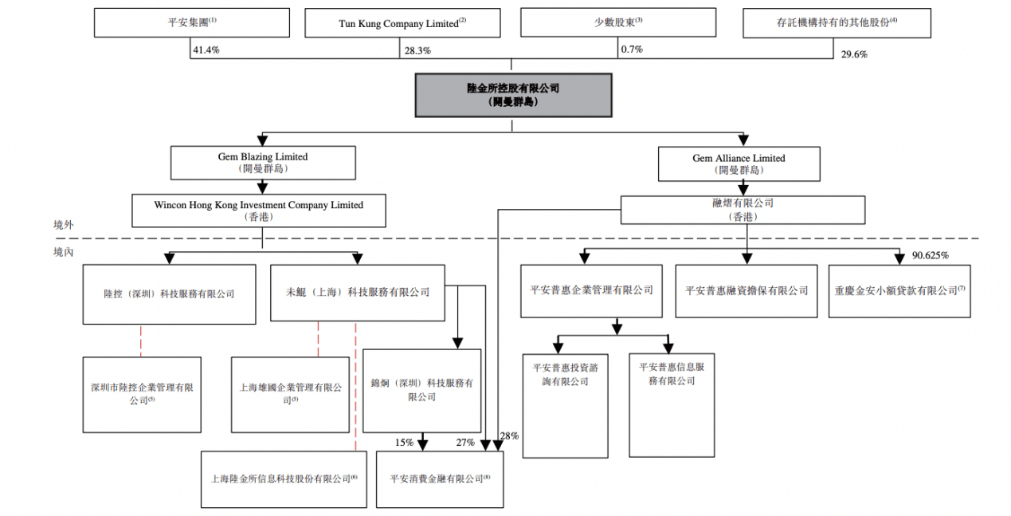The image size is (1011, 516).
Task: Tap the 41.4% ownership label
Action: tap(206, 49)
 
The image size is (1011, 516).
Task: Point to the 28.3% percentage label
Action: tap(417, 49)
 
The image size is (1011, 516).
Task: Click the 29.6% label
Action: tap(854, 54)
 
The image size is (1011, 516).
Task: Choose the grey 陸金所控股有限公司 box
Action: tap(512, 95)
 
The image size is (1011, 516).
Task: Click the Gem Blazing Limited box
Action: tap(262, 162)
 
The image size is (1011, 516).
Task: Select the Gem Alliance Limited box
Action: tap(739, 163)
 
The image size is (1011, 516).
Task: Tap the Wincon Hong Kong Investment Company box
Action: tap(258, 211)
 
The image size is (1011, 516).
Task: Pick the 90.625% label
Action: tap(930, 255)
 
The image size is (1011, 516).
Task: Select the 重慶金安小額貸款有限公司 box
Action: tap(899, 291)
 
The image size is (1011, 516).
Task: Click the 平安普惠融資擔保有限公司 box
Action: tap(746, 291)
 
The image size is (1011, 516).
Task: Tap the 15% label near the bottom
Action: tap(404, 442)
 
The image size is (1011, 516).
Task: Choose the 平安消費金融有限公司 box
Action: tap(440, 479)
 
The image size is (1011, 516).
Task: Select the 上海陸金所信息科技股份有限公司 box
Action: tap(284, 479)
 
